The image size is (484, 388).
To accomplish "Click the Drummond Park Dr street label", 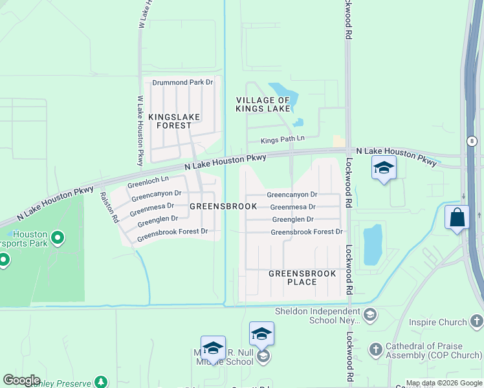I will pos(182,82).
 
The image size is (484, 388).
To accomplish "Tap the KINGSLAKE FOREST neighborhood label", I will pos(174,121).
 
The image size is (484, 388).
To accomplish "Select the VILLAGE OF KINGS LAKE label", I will pos(263,105).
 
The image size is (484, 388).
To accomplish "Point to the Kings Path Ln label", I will pos(282,140).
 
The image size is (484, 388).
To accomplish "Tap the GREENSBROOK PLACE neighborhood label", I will pos(302,278).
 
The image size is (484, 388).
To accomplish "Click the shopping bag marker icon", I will pos(457,217).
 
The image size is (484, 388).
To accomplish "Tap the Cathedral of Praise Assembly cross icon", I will pos(376,350).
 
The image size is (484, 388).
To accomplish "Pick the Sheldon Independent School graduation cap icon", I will pos(369,315).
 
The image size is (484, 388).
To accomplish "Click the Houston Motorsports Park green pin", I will pos(57,238).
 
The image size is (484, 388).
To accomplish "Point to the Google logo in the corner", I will pos(21,380).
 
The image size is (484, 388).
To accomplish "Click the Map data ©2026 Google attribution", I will pos(444,383).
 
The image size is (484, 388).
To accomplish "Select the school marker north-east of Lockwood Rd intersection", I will pos(384,168).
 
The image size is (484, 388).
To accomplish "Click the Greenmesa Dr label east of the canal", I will pos(292,207).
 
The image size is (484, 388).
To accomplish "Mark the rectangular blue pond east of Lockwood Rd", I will pos(373,245).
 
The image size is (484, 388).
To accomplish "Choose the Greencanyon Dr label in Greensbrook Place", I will pos(292,194).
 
